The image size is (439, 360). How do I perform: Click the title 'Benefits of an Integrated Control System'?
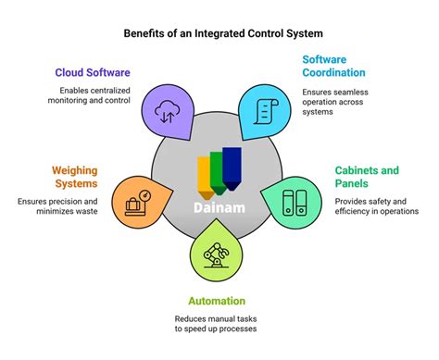click(219, 34)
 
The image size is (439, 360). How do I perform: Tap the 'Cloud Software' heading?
click(92, 72)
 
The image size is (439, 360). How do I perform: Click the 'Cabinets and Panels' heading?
click(366, 176)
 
